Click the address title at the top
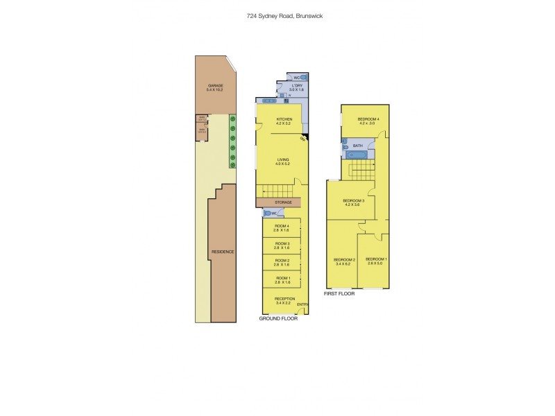coord(277,15)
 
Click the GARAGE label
coord(215,85)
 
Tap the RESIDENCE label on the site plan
coord(223,252)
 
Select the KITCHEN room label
coord(284,119)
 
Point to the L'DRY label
coord(297,86)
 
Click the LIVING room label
coord(282,160)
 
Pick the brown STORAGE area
coord(277,202)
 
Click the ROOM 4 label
coord(282,226)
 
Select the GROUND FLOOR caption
coord(278,319)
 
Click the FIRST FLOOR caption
coord(339,294)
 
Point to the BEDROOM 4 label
coord(368,119)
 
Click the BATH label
coord(358,146)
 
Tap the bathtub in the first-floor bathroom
coord(357,155)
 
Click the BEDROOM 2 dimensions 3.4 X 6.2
coord(345,264)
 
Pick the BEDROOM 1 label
coord(376,259)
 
